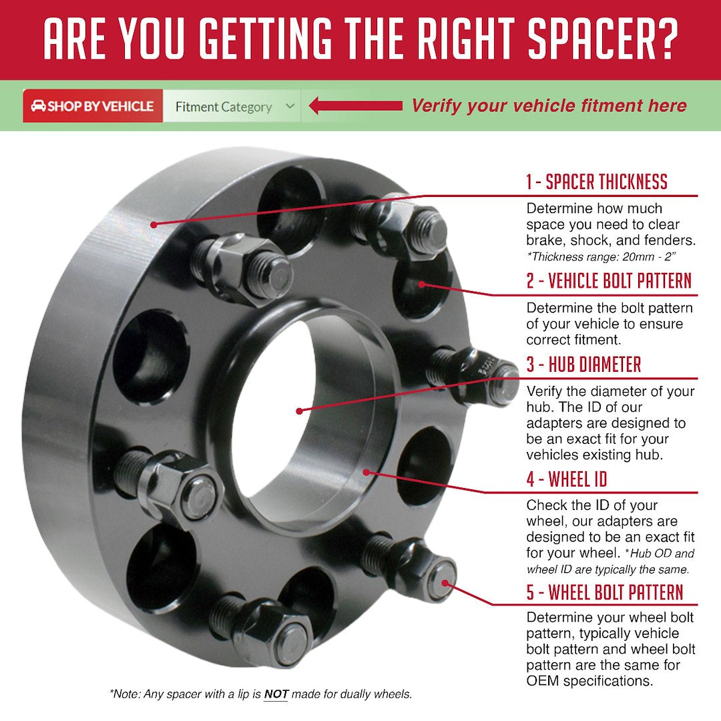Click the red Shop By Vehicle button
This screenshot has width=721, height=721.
tap(93, 105)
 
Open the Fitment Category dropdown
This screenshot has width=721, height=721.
tap(232, 106)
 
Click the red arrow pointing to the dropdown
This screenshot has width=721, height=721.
tap(355, 105)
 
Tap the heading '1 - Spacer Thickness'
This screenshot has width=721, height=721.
tap(596, 182)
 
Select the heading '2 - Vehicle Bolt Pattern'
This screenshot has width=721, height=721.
tap(608, 281)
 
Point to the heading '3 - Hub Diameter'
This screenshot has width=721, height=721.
tap(583, 365)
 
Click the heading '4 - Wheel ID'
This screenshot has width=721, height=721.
tap(567, 479)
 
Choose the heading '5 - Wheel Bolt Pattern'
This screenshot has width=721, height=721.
tap(605, 592)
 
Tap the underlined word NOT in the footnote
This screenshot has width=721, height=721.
tap(276, 694)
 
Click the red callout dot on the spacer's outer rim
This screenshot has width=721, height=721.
tap(154, 224)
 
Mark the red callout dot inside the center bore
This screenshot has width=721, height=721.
tap(300, 411)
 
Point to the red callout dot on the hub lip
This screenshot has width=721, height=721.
tap(366, 472)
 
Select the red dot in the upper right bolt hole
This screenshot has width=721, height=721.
tap(421, 284)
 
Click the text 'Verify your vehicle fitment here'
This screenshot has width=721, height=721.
tap(549, 105)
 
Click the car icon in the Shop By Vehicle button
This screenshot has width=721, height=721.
tap(38, 105)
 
